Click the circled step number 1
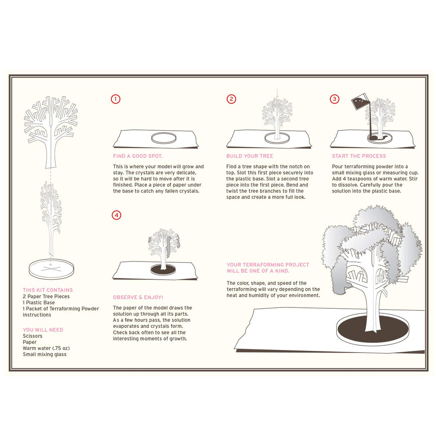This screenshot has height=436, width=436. (x=116, y=99)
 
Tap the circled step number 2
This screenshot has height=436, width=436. (x=231, y=99)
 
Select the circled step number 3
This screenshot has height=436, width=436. (x=335, y=99)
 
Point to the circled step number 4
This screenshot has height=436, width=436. (x=117, y=215)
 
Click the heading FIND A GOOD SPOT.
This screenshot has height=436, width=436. (x=138, y=156)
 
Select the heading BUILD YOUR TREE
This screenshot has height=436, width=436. (x=250, y=156)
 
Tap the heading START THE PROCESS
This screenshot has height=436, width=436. (x=359, y=156)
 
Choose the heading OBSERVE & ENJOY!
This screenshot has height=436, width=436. (x=138, y=297)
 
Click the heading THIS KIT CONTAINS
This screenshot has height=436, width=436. (x=48, y=290)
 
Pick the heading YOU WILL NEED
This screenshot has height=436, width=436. (x=43, y=330)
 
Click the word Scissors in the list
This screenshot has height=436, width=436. (x=32, y=336)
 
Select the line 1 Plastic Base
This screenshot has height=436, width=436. (x=39, y=303)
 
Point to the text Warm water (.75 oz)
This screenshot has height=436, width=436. (x=46, y=348)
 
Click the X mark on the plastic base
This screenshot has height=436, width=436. (x=51, y=269)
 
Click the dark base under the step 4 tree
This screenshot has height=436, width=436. (x=163, y=269)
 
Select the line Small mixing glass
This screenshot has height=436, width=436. (x=44, y=355)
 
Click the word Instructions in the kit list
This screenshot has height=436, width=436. (x=37, y=315)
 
